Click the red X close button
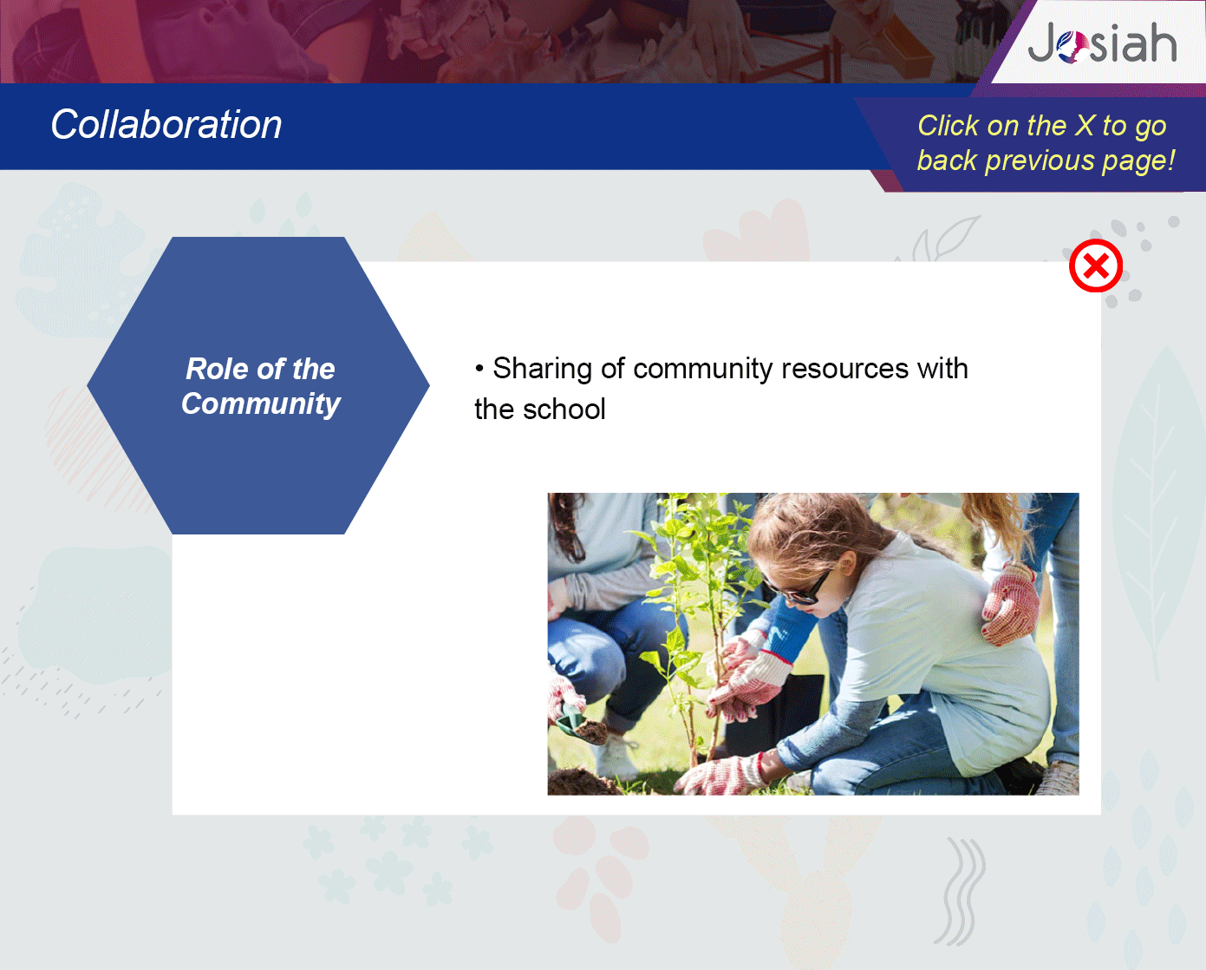(1096, 265)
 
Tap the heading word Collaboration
(166, 124)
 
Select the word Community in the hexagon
(261, 404)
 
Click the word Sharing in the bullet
(542, 370)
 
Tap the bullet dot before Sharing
(479, 369)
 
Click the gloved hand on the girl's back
(1010, 604)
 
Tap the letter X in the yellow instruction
(1085, 125)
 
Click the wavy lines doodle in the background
(961, 891)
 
